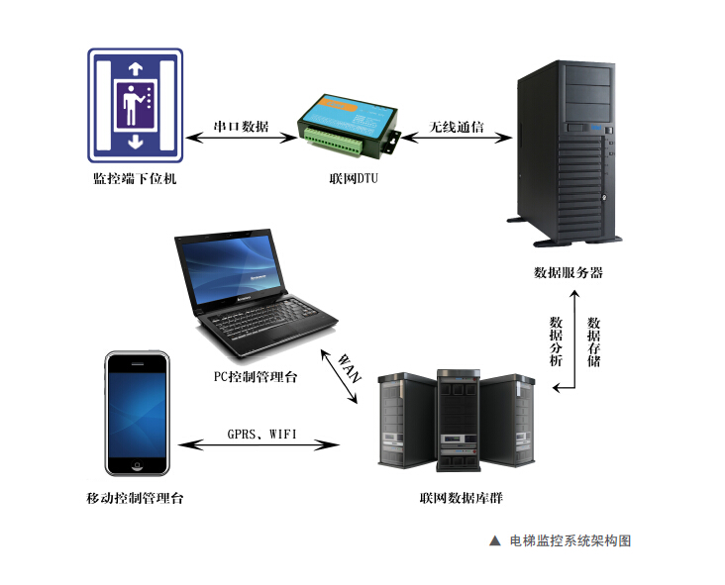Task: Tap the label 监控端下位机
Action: click(135, 179)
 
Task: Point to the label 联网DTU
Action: click(354, 179)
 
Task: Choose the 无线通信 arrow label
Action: click(457, 128)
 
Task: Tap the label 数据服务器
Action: click(568, 272)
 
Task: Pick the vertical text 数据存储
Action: click(593, 341)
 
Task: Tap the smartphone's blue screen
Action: click(139, 414)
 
